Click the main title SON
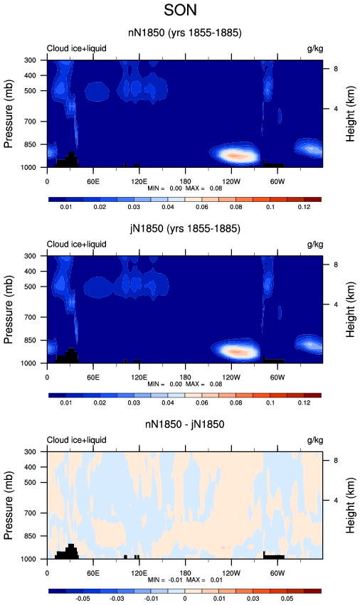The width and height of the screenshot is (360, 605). (181, 10)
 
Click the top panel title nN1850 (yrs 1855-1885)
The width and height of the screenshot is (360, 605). (185, 33)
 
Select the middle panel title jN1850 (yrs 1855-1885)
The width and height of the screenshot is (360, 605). (185, 229)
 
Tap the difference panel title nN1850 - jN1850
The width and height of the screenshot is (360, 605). (185, 424)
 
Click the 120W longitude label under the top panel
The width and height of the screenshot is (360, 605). (231, 182)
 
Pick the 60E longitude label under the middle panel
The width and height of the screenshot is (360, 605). (93, 378)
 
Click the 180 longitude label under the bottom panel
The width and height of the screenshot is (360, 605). (185, 573)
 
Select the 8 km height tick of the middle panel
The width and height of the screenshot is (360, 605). (336, 264)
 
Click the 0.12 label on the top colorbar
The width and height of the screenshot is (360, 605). (304, 207)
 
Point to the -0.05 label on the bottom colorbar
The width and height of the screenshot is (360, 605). (82, 599)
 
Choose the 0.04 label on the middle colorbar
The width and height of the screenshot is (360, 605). (168, 403)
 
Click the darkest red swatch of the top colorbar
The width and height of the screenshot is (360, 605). (312, 200)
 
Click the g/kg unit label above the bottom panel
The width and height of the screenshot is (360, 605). (315, 440)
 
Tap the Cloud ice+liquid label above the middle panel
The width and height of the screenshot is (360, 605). (76, 245)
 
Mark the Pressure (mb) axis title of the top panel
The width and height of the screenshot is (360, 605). (9, 114)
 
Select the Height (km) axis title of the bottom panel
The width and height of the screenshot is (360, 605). (350, 505)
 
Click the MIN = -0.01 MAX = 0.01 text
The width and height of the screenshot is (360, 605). (185, 580)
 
